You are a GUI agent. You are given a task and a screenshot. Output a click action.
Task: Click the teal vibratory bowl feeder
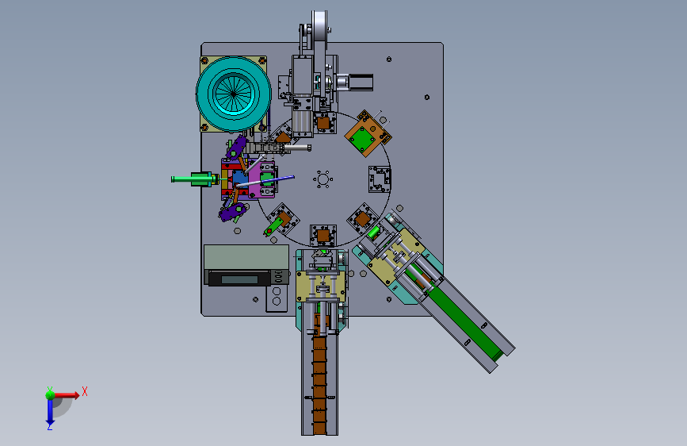(x=234, y=94)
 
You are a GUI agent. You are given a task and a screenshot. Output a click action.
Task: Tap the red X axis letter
(x=85, y=391)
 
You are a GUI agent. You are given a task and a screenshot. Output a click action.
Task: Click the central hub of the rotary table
(x=323, y=179)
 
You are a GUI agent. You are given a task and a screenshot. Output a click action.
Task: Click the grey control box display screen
(x=239, y=279)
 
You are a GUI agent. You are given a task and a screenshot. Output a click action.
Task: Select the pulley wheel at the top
(x=319, y=31)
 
